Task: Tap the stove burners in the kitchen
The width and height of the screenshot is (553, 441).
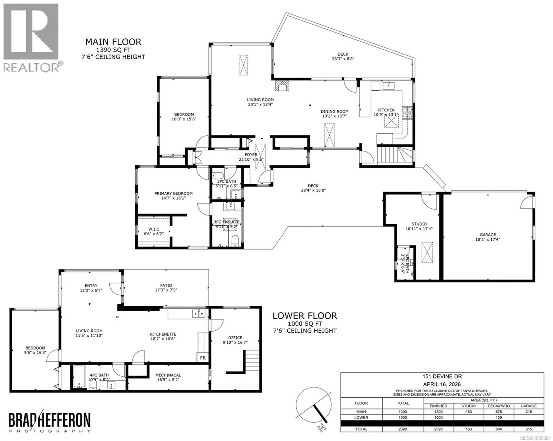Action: [x=407, y=113]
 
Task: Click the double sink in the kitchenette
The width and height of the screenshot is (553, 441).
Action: [x=199, y=314]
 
